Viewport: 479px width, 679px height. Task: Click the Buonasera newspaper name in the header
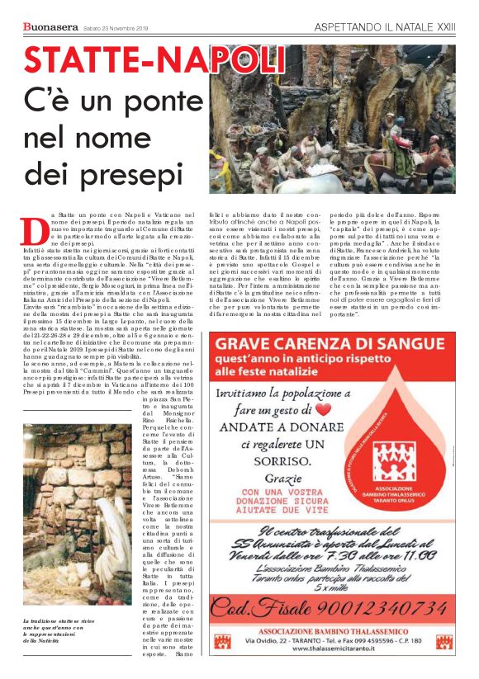pos(51,27)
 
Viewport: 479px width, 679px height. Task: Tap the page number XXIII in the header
pos(445,27)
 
